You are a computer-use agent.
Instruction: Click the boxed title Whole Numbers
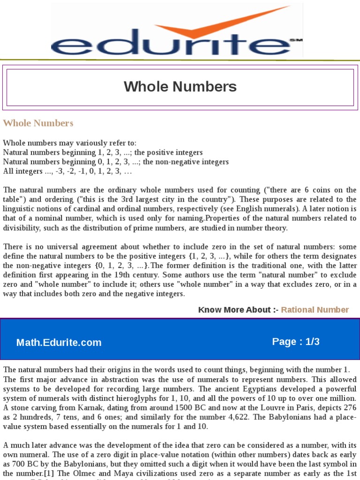pos(180,87)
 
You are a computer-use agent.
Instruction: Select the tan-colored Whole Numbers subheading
pos(38,123)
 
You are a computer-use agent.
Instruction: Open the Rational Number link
pos(315,310)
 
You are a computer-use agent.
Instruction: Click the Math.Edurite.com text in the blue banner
pos(59,343)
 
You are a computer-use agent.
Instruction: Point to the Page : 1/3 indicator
pos(296,342)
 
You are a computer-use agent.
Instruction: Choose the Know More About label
pos(238,310)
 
